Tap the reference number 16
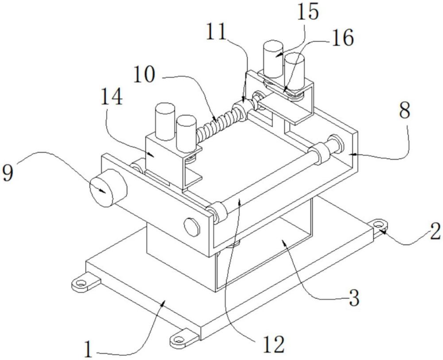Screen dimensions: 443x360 (x=342, y=38)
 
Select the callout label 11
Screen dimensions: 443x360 (x=217, y=31)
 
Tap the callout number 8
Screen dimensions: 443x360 (x=404, y=112)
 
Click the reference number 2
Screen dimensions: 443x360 (x=435, y=232)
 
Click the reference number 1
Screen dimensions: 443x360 (x=89, y=349)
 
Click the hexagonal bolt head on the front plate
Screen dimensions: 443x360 (x=192, y=227)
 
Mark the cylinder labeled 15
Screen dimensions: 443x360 (x=273, y=59)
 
